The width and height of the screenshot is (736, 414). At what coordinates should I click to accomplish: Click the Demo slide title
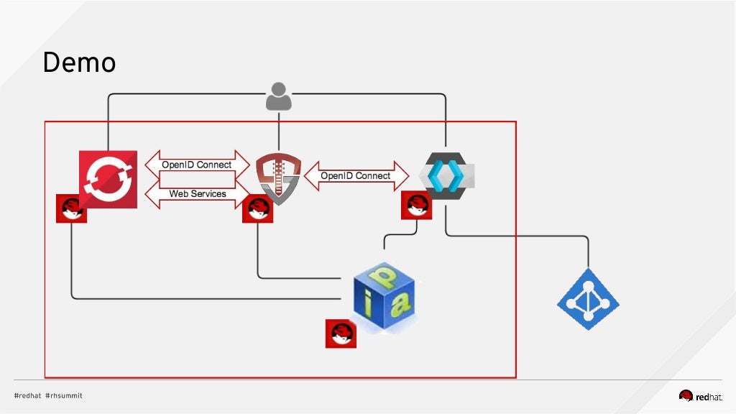[x=79, y=63]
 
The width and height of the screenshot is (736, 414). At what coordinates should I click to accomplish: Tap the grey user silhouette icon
[x=279, y=96]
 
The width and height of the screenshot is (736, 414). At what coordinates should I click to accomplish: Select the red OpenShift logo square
[x=108, y=179]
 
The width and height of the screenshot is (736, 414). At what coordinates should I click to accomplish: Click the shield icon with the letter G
[x=278, y=177]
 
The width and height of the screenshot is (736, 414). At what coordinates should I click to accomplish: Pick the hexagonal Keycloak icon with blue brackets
[x=446, y=176]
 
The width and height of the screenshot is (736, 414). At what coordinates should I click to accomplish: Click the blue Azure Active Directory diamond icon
[x=588, y=299]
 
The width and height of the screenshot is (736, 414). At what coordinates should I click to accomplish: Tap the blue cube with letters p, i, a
[x=386, y=296]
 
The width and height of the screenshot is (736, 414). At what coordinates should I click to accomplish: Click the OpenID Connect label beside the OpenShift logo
[x=196, y=165]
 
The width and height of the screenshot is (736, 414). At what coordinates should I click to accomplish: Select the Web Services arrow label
[x=198, y=193]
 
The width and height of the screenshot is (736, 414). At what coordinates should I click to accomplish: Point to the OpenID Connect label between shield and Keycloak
[x=355, y=175]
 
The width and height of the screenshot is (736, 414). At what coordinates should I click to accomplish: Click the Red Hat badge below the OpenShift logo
[x=71, y=208]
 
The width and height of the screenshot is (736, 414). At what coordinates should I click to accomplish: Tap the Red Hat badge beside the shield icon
[x=257, y=208]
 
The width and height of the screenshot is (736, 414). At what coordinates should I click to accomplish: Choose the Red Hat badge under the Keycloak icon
[x=416, y=205]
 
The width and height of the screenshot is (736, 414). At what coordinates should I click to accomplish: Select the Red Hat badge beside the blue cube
[x=341, y=333]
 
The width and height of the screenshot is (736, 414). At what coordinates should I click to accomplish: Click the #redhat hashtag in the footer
[x=27, y=395]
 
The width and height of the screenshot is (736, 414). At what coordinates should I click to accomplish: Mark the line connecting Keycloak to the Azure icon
[x=517, y=236]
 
